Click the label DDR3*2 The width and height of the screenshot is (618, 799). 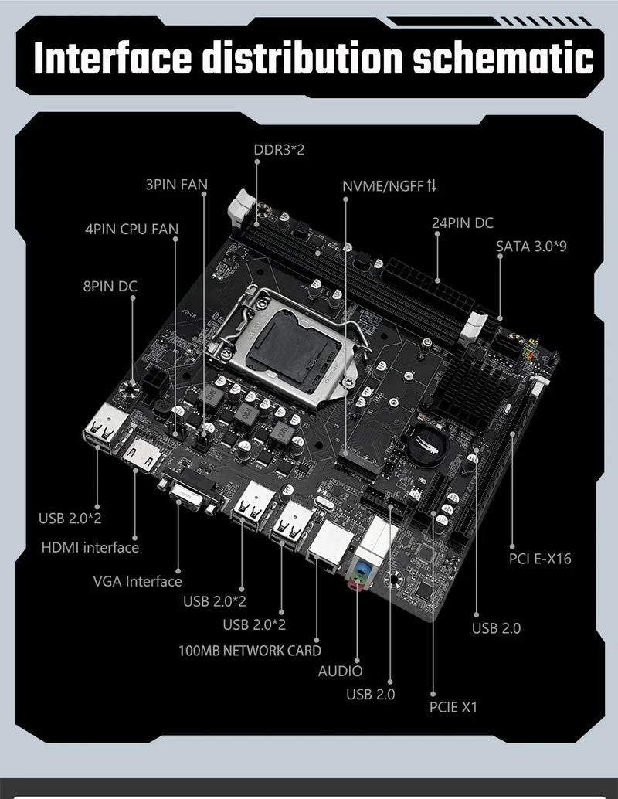click(x=279, y=149)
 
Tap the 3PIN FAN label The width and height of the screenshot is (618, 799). click(x=176, y=185)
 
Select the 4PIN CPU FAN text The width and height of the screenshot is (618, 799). click(x=131, y=229)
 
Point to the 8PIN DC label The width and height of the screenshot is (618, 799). click(x=110, y=286)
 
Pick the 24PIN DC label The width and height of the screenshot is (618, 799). click(x=462, y=223)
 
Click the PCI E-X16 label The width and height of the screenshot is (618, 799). click(x=540, y=558)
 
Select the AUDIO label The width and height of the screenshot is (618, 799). click(x=340, y=671)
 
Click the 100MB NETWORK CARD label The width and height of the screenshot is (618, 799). click(x=250, y=650)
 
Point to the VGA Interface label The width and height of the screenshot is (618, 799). click(x=138, y=581)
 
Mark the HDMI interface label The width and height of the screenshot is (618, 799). click(x=90, y=547)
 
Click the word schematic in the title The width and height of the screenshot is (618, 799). click(x=502, y=59)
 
